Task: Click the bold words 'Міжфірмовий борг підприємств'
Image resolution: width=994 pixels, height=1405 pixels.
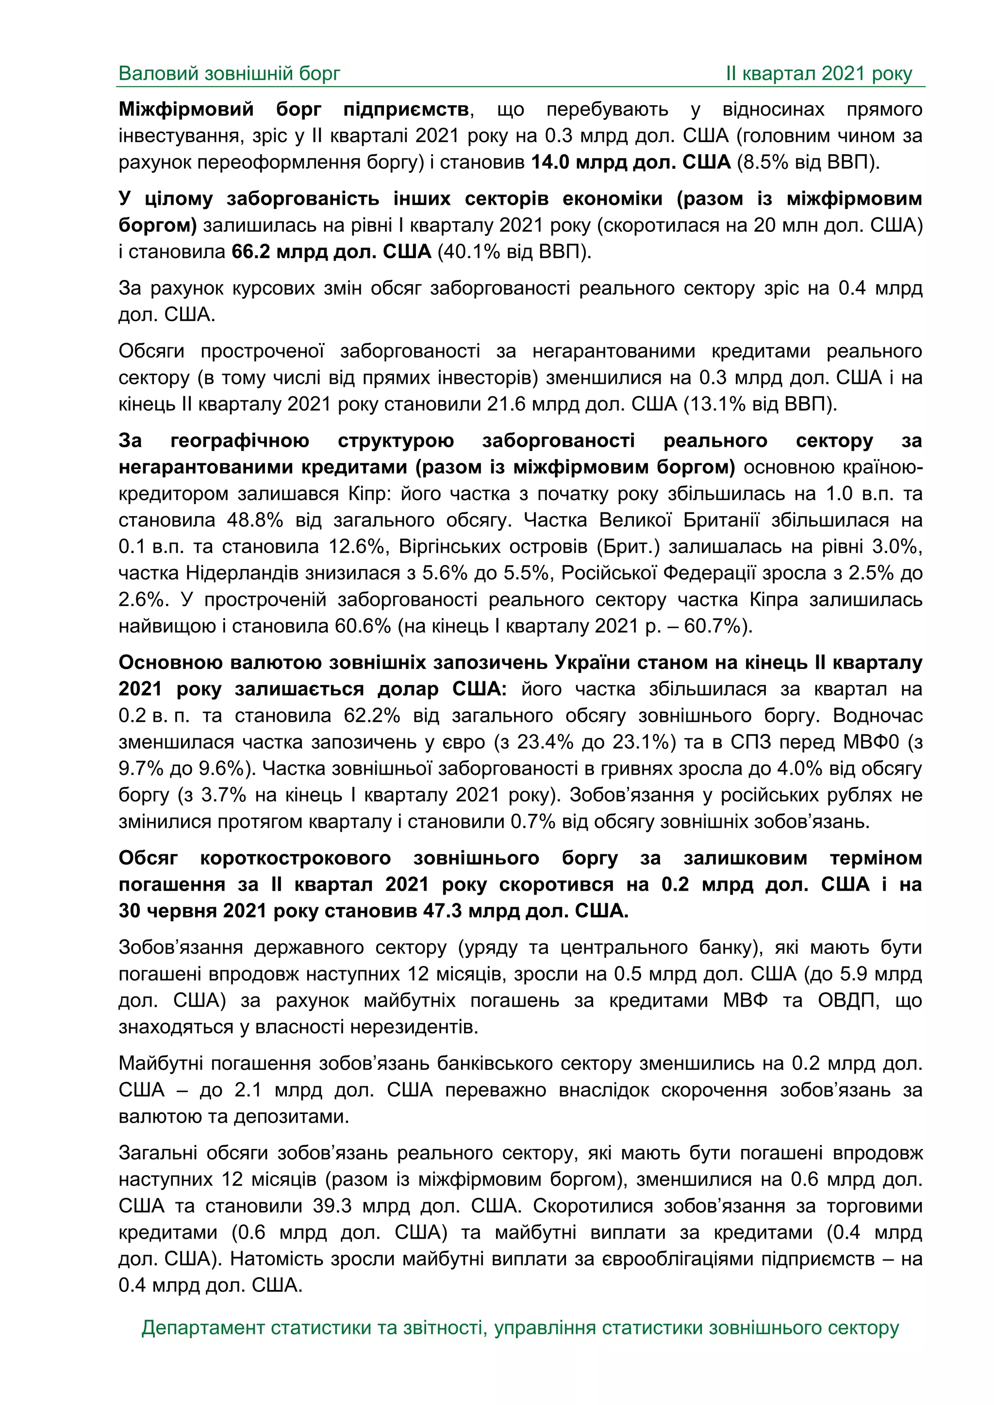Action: [x=294, y=110]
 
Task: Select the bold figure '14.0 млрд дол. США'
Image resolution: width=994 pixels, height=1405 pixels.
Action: [x=630, y=162]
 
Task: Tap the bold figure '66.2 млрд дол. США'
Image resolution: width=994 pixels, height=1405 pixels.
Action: [x=331, y=251]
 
